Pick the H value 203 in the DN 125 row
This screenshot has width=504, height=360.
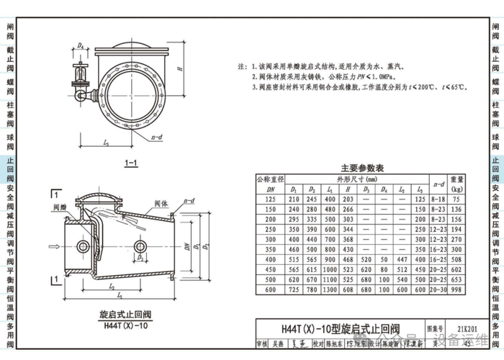click(x=348, y=198)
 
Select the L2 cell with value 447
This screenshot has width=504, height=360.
click(x=402, y=258)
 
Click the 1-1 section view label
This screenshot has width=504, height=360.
click(x=131, y=164)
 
